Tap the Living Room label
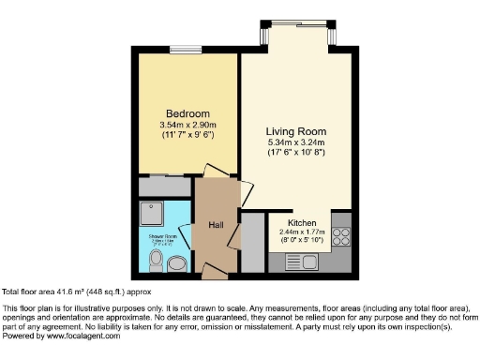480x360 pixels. coord(295,131)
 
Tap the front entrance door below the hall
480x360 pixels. coord(215,273)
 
